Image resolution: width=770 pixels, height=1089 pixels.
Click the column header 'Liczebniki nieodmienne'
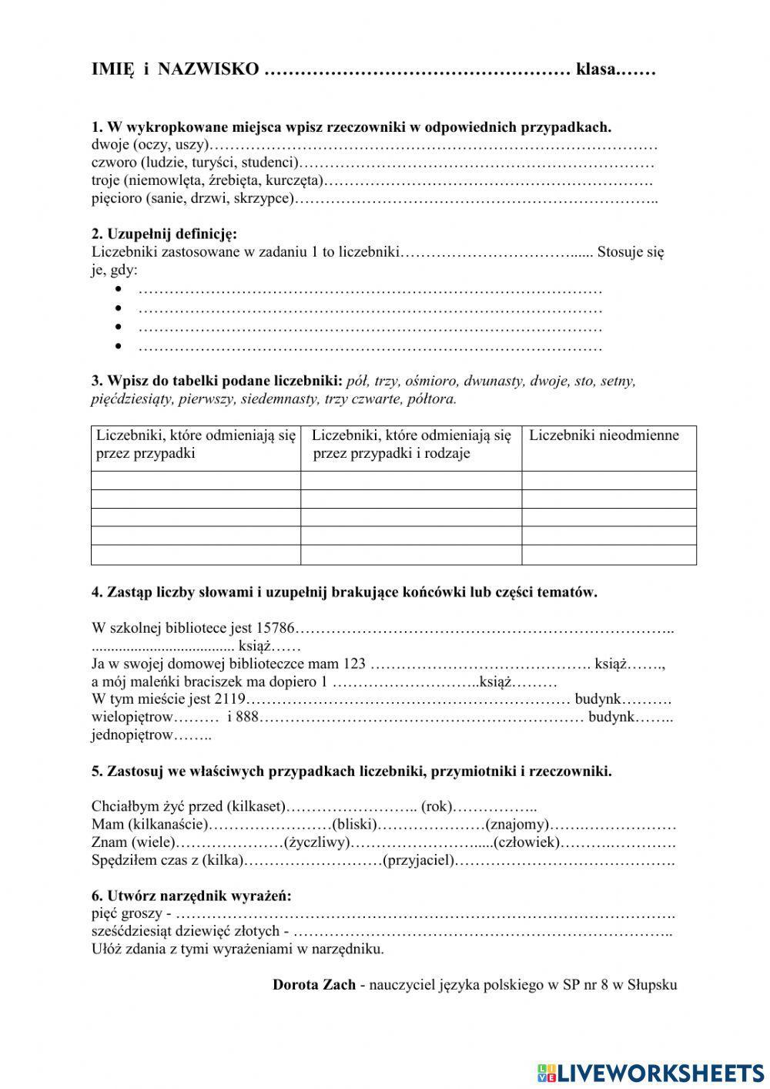[x=604, y=435]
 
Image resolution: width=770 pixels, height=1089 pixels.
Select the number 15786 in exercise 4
[x=276, y=629]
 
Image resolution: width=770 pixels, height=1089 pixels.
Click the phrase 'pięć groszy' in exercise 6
[x=126, y=914]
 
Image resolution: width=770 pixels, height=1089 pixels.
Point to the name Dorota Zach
[x=314, y=985]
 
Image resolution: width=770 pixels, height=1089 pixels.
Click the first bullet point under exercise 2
[x=119, y=290]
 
